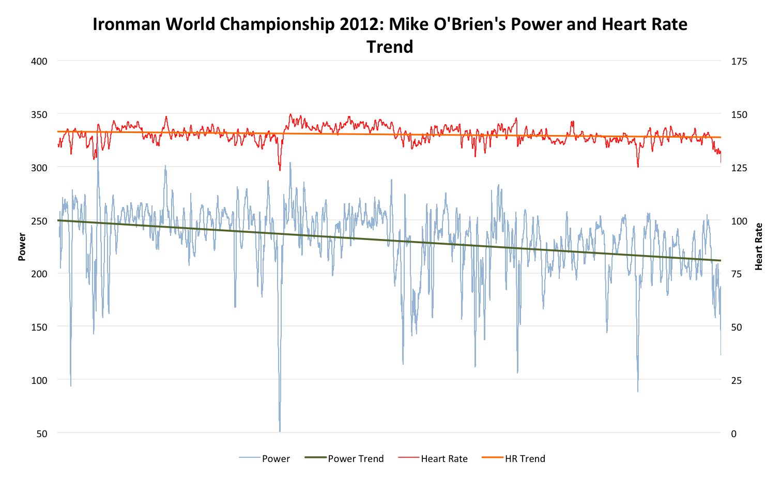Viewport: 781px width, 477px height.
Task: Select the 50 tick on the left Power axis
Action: click(41, 434)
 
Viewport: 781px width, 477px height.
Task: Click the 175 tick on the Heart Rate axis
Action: click(739, 61)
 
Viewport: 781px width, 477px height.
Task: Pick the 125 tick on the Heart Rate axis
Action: click(739, 168)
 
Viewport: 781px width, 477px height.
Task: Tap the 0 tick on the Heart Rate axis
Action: click(734, 434)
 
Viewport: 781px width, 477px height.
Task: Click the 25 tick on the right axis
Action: click(737, 380)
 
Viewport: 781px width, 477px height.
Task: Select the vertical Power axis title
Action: click(22, 247)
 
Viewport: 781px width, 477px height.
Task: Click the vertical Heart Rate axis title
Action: click(759, 247)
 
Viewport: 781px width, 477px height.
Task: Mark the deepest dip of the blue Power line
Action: click(280, 430)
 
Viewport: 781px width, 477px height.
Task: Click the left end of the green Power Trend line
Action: click(58, 220)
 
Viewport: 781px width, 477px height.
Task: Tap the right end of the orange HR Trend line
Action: click(720, 137)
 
